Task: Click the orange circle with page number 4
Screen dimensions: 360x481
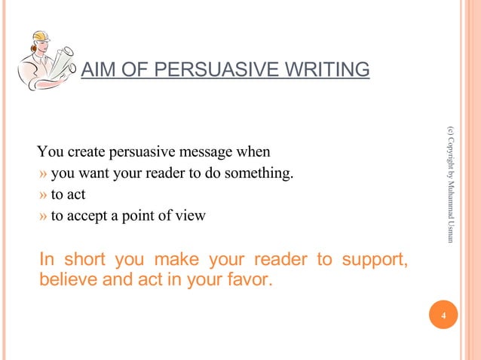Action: [x=443, y=316]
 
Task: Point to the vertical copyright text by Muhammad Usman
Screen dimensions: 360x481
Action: [x=450, y=185]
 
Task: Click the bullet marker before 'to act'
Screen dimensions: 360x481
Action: [x=44, y=195]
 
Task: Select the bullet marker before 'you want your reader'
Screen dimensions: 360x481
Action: [x=44, y=175]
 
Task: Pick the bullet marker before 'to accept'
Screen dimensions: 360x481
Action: [x=44, y=216]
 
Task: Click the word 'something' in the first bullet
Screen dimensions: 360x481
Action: [x=262, y=175]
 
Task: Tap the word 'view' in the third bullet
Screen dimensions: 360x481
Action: [x=191, y=216]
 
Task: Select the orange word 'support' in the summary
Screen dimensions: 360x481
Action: [x=373, y=261]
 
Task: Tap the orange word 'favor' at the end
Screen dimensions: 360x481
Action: [x=252, y=281]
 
